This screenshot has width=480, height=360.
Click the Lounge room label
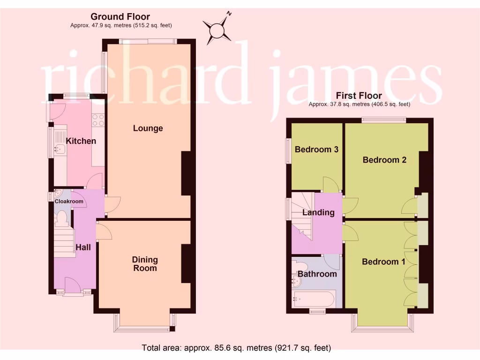click(148, 128)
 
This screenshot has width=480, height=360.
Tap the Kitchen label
click(81, 141)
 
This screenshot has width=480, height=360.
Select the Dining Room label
click(145, 264)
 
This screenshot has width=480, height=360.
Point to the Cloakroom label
click(69, 202)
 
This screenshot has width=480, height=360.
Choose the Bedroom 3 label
click(316, 150)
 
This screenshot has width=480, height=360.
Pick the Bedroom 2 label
click(384, 160)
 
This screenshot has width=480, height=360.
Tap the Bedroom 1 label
click(383, 262)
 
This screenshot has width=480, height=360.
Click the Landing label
click(318, 212)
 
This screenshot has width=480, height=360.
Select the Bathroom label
click(317, 274)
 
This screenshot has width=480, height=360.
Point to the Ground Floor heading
click(120, 17)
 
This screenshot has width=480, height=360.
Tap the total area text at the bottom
click(236, 348)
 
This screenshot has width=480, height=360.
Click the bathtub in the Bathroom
click(313, 298)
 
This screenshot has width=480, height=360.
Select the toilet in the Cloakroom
click(61, 218)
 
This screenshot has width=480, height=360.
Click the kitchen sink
click(60, 150)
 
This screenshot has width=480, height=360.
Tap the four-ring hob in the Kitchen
click(98, 120)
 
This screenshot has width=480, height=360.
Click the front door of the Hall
click(72, 285)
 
